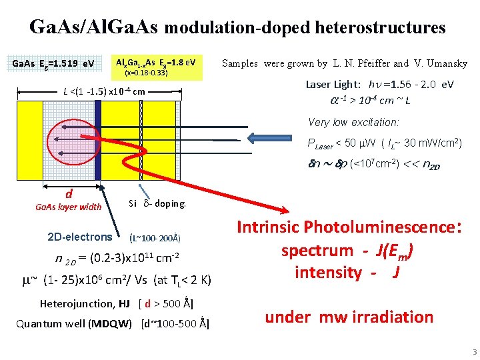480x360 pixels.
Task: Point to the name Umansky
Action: (x=443, y=63)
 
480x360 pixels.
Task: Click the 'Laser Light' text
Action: (x=333, y=85)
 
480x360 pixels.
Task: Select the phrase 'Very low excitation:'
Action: (x=353, y=123)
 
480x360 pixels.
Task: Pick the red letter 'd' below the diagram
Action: (x=69, y=194)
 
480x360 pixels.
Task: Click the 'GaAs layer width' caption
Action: (x=68, y=207)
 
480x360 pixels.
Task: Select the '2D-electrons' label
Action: (x=81, y=237)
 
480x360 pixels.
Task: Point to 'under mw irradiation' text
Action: (x=349, y=317)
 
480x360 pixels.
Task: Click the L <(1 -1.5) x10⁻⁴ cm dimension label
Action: (x=104, y=91)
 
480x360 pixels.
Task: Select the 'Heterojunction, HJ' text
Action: (x=85, y=304)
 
